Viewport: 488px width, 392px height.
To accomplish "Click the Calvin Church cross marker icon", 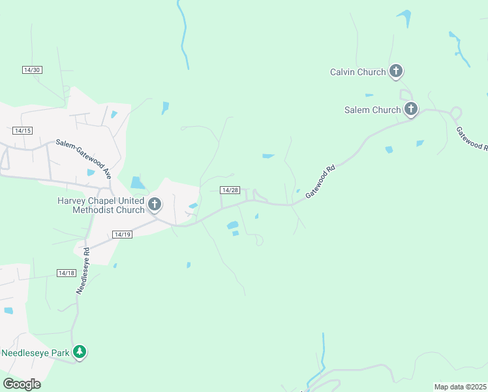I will (x=395, y=71).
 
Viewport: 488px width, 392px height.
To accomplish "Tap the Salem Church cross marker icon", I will (x=410, y=108).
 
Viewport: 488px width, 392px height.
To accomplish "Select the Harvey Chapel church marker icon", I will (x=155, y=204).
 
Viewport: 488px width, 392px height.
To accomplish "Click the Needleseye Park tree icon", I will (x=80, y=351).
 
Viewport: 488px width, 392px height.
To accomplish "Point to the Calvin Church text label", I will (x=358, y=72).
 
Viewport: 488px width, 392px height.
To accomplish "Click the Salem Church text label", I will (x=373, y=110).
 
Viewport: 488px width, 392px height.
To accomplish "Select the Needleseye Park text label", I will (x=35, y=353).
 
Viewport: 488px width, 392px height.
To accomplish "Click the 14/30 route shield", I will (x=32, y=70).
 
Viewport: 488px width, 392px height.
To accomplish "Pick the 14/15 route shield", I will (x=22, y=131).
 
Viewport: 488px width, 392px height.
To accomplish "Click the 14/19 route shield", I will (x=122, y=234).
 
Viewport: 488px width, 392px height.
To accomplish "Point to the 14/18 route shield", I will (x=67, y=273).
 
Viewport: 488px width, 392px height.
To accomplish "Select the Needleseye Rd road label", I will (x=82, y=270).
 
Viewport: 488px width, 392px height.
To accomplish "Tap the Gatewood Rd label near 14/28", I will (x=320, y=182).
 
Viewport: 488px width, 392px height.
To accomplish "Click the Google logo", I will (x=22, y=384).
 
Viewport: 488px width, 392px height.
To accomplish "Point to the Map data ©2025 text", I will (x=461, y=387).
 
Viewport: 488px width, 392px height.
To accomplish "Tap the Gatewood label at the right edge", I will (x=471, y=137).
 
